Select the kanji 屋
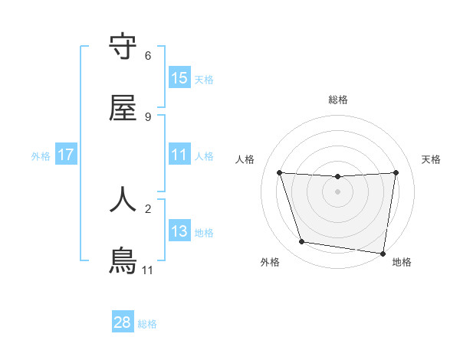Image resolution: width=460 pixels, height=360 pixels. click(123, 108)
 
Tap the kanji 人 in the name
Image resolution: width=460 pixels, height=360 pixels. click(123, 198)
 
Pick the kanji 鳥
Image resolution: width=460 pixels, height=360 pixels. click(123, 261)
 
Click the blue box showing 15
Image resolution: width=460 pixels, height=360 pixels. click(179, 78)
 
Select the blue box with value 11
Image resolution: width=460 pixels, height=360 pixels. click(179, 155)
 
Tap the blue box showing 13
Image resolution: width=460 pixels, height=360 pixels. click(179, 231)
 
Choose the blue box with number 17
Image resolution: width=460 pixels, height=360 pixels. click(66, 155)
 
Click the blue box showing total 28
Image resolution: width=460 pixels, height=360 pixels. click(123, 322)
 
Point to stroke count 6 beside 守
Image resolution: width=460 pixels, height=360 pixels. click(148, 55)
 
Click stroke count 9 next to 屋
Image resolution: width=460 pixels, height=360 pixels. click(148, 116)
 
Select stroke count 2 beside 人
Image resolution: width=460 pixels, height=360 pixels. click(148, 207)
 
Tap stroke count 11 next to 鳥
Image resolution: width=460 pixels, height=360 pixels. click(148, 270)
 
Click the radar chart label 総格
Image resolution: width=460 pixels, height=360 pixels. click(338, 100)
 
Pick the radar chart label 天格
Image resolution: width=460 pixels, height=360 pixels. click(432, 159)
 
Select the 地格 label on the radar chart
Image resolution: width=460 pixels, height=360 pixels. click(402, 262)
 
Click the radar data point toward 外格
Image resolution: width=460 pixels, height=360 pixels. click(302, 242)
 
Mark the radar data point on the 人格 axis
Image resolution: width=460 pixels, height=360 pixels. click(279, 173)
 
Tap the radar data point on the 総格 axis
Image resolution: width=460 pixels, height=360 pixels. click(338, 177)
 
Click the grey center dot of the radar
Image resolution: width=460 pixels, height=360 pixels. click(338, 191)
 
